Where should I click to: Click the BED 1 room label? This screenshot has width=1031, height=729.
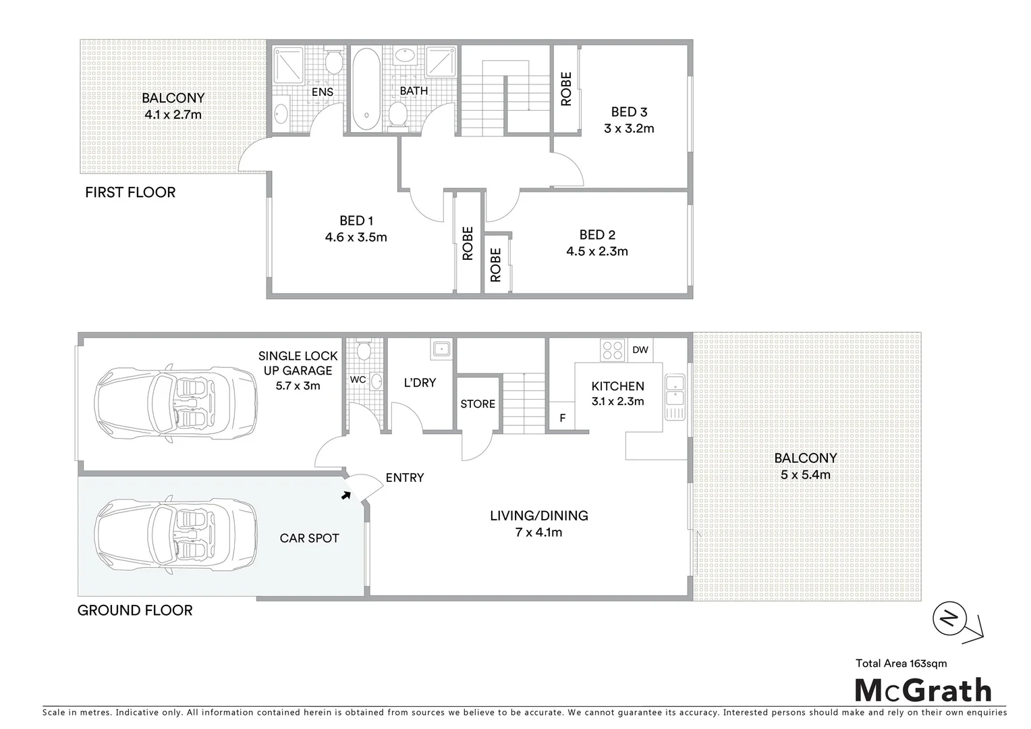click(356, 221)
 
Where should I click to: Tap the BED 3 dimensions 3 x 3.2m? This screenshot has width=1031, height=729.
click(629, 128)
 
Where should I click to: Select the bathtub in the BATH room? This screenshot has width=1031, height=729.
click(366, 88)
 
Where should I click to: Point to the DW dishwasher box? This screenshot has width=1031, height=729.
click(640, 350)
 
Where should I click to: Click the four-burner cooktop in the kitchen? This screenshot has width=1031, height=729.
click(613, 350)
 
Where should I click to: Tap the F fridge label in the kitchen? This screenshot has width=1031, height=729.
click(562, 418)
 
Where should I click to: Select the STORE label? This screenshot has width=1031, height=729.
click(478, 404)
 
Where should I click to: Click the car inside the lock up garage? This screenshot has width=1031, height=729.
click(176, 404)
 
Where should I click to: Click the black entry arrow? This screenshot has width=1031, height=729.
click(346, 495)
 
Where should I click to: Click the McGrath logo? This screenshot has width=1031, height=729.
click(924, 691)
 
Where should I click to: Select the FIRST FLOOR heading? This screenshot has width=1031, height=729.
click(130, 192)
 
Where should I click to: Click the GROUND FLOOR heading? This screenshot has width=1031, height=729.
click(135, 610)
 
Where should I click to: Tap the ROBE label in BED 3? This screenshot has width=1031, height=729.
click(566, 89)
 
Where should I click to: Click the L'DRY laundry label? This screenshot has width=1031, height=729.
click(420, 383)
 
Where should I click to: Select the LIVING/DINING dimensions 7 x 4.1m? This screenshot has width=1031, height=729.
click(538, 532)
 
